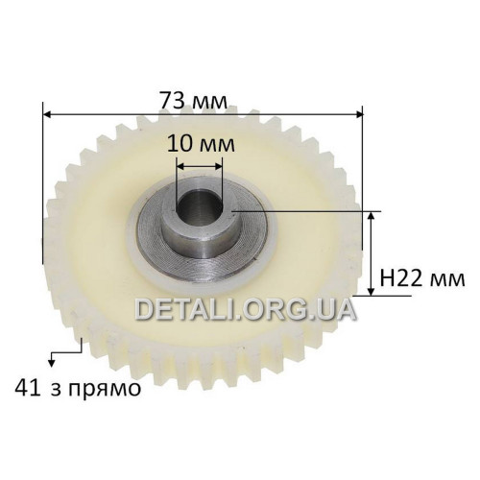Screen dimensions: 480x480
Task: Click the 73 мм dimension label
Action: coord(194,100)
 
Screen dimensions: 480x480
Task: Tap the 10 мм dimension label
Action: coord(201,143)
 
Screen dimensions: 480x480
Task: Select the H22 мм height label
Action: coord(422,278)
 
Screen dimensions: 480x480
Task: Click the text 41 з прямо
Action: coord(78,389)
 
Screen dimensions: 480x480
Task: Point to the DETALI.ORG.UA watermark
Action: coord(246,309)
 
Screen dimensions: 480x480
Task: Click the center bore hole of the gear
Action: coord(199,205)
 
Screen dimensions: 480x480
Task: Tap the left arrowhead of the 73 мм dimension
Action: coord(47,114)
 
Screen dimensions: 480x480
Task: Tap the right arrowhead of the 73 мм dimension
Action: coord(359,114)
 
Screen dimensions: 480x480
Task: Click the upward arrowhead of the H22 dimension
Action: coord(371,216)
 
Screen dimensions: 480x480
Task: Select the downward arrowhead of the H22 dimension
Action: coord(371,292)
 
